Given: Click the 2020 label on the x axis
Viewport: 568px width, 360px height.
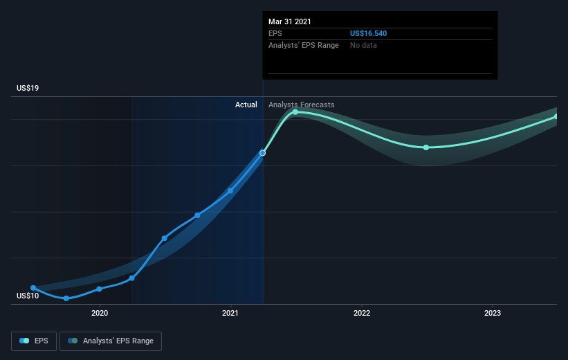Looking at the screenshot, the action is (100, 313).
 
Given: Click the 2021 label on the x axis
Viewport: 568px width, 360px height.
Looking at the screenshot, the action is (230, 313).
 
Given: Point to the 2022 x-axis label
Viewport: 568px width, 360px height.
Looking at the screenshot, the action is (362, 313).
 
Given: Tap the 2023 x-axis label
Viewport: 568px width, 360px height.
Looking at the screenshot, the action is (493, 313).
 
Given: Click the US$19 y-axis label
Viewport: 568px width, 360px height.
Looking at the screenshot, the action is (28, 88).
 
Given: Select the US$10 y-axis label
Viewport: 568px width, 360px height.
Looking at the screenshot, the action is (28, 296).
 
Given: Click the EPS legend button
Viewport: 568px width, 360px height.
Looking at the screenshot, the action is (34, 341).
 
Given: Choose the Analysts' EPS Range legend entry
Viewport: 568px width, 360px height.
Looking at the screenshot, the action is (111, 341).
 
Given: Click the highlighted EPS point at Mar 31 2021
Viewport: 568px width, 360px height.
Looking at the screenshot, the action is (263, 153).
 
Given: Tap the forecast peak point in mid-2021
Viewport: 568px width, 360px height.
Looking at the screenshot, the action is (295, 112).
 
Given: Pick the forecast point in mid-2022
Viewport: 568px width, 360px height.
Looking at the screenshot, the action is (426, 147).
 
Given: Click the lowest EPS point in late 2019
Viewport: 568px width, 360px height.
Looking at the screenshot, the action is (66, 298).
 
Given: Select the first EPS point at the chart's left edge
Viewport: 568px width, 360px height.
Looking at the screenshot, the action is (33, 288).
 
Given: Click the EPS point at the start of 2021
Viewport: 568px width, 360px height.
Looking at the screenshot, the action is (230, 190).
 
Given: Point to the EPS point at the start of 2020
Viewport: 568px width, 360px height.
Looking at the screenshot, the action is (99, 289).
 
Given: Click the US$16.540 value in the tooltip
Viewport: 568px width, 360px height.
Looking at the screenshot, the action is (368, 33).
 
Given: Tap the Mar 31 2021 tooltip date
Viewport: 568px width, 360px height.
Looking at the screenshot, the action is (290, 21).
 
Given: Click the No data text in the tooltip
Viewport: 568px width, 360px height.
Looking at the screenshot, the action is (363, 45).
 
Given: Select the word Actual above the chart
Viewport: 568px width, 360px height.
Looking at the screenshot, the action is (246, 105).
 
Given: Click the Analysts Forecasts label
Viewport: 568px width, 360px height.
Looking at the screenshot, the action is (302, 105).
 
